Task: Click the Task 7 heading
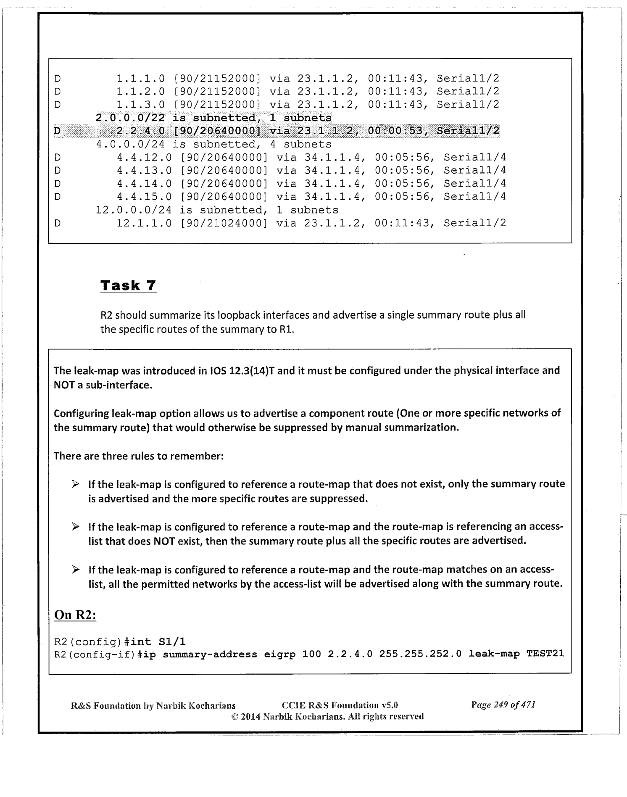[128, 285]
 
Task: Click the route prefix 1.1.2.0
[140, 91]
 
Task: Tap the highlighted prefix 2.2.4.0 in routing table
[140, 131]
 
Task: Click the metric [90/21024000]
[224, 223]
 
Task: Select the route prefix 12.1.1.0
[144, 223]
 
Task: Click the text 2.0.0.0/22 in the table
[130, 118]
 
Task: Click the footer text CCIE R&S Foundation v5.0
[340, 705]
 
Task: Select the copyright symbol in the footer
[235, 716]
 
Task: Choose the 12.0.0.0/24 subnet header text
[134, 210]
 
